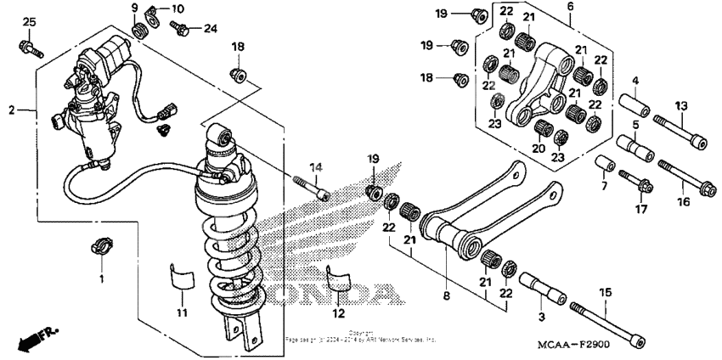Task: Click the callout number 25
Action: click(x=30, y=21)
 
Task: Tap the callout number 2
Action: click(x=12, y=110)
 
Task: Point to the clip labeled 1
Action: click(x=101, y=248)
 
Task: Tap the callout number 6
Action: click(x=571, y=7)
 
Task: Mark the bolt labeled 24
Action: click(x=181, y=29)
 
